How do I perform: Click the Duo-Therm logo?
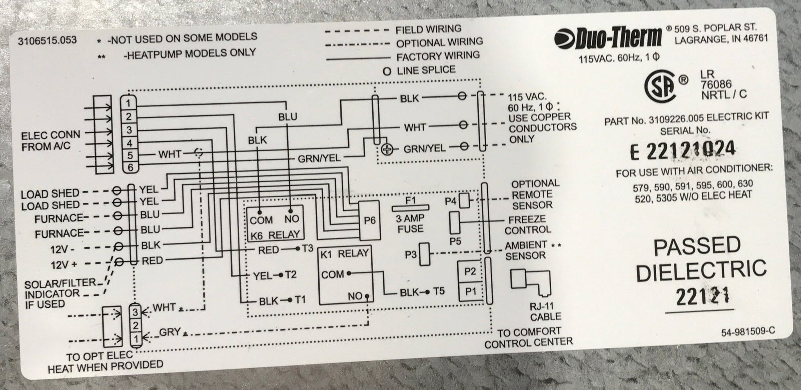point(608,36)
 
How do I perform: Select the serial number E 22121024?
point(685,149)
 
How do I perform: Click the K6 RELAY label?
point(275,234)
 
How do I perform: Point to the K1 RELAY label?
point(346,254)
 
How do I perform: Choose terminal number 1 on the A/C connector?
point(129,103)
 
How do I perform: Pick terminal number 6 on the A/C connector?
point(129,168)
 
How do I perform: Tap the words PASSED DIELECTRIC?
point(710,259)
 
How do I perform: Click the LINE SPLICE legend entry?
point(426,70)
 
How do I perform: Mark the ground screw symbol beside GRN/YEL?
point(386,149)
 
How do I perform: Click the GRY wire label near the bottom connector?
point(166,332)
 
